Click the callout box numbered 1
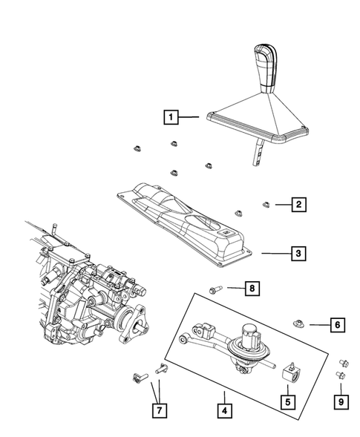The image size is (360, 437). coord(171,116)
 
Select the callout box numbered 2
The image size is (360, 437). coord(298,203)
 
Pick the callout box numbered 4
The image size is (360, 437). coord(222,409)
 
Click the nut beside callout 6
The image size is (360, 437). coord(298,323)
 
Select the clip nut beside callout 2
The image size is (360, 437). coord(266,203)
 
